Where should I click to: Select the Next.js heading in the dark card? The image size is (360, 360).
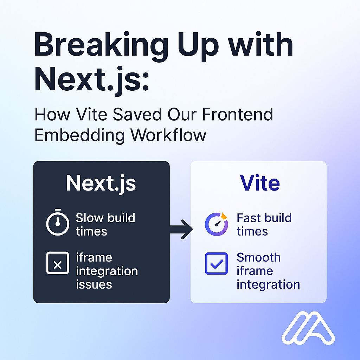101,183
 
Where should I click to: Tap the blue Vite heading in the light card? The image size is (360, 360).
259,183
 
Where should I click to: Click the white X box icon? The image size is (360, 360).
58,264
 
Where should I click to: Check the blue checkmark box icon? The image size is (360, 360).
216,264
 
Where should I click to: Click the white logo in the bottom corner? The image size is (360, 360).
308,328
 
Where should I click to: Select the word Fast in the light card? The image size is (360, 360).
249,218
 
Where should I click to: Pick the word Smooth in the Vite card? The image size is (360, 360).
258,257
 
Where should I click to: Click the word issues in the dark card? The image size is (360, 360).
94,284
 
